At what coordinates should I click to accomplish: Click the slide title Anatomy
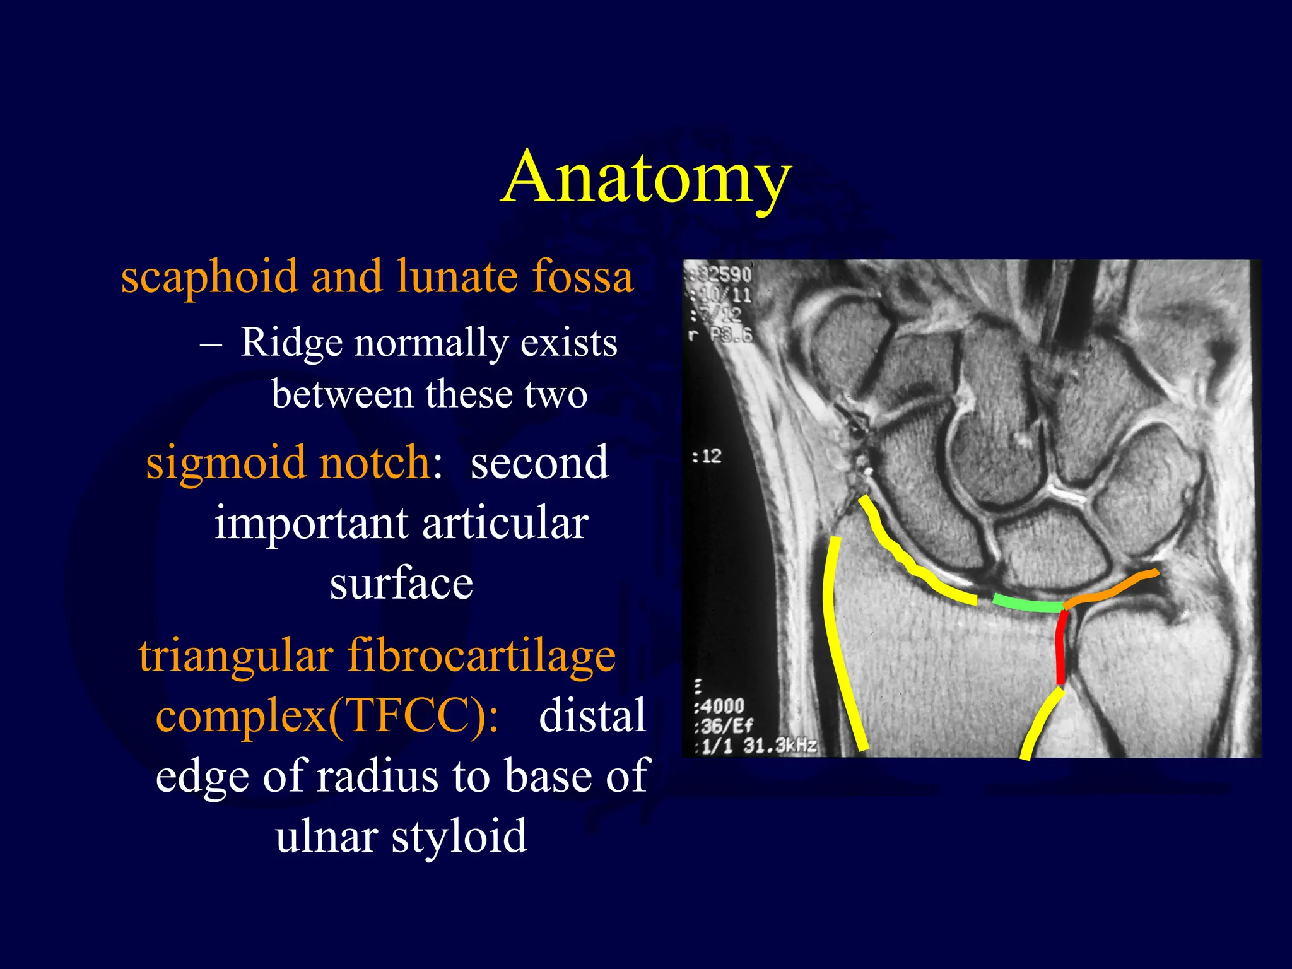(646, 178)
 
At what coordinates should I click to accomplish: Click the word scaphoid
(209, 278)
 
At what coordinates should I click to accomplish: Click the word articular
(505, 524)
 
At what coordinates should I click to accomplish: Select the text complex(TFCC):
(327, 716)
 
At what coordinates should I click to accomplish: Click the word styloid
(459, 836)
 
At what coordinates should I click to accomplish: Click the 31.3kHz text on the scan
(780, 746)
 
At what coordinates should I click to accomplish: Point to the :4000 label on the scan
(720, 705)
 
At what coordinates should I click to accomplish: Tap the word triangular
(236, 656)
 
